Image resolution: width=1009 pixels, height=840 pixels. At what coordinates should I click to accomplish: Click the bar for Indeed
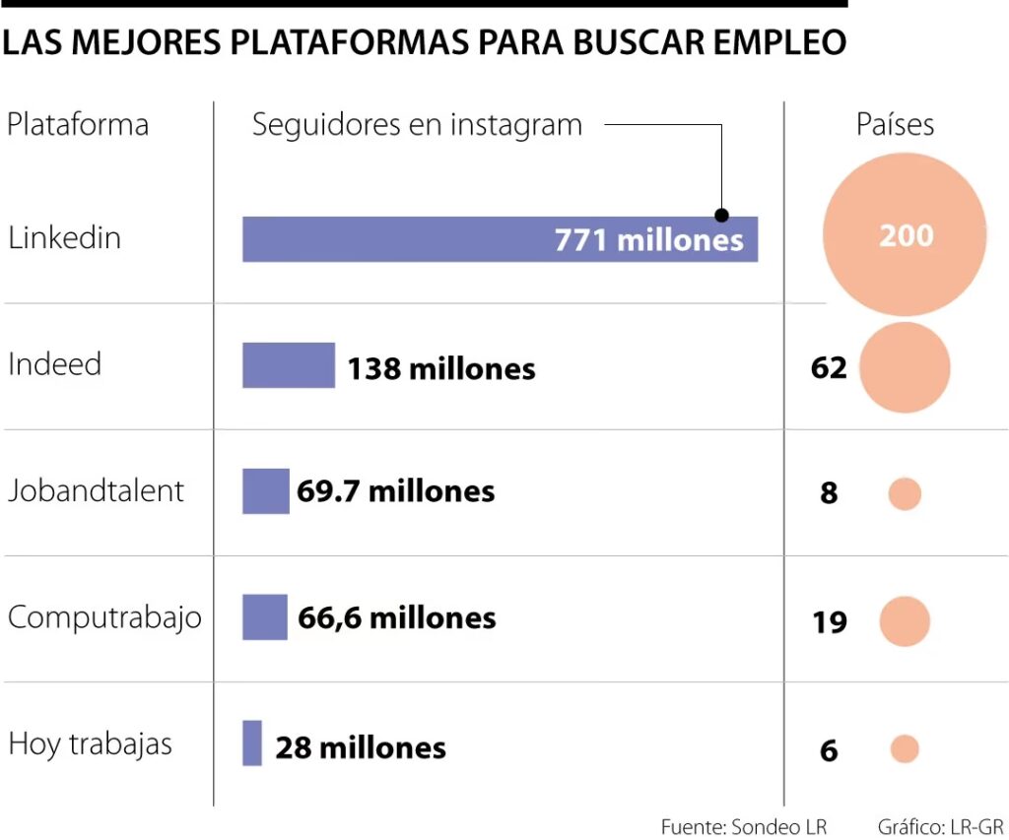click(x=289, y=365)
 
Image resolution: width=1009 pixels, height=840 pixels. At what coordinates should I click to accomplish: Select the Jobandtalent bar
click(x=266, y=490)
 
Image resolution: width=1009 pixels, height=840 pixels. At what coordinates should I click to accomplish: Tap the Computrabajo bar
click(x=265, y=617)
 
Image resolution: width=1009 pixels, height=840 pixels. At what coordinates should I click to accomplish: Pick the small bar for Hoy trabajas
click(x=252, y=743)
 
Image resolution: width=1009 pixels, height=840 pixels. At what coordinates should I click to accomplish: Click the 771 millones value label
click(x=648, y=240)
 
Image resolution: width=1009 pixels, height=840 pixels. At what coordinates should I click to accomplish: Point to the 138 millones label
click(x=440, y=368)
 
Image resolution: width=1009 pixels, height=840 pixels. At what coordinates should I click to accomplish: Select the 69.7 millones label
click(x=395, y=491)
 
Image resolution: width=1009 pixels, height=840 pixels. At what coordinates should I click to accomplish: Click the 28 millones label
click(x=361, y=747)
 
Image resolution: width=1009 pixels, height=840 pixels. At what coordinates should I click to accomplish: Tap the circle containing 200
click(x=906, y=235)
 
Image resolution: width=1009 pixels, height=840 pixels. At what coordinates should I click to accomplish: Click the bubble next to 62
click(x=905, y=367)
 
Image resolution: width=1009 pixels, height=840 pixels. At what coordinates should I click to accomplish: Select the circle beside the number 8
click(x=904, y=493)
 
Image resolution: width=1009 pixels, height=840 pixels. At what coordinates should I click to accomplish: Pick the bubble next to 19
click(x=905, y=621)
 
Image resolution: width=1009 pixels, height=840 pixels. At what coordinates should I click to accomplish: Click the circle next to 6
click(x=904, y=749)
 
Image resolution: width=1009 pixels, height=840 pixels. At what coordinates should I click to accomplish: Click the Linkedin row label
click(x=64, y=237)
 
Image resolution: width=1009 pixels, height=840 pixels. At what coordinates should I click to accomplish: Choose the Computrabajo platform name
click(x=104, y=617)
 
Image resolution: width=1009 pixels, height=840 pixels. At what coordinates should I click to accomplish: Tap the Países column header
click(x=895, y=124)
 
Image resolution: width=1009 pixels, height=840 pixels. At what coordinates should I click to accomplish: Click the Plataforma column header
click(x=78, y=125)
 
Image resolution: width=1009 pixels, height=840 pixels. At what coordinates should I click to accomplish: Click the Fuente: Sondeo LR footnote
click(x=744, y=825)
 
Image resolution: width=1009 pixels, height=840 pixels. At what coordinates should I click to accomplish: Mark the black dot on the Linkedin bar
click(x=721, y=215)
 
